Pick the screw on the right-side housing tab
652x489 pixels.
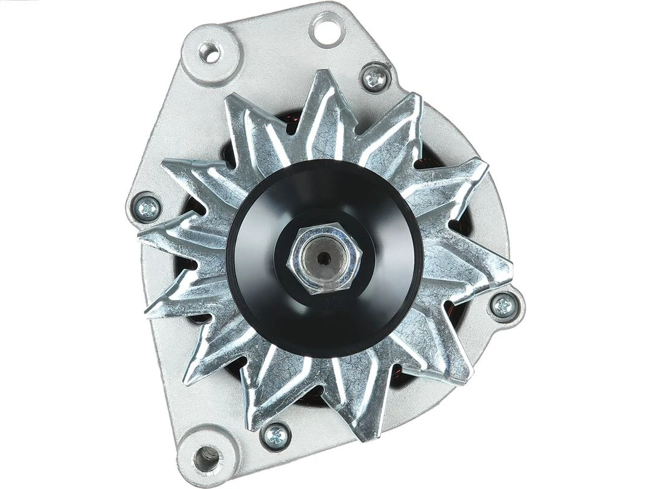tap(503, 305)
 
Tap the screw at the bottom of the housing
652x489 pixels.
tap(276, 433)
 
